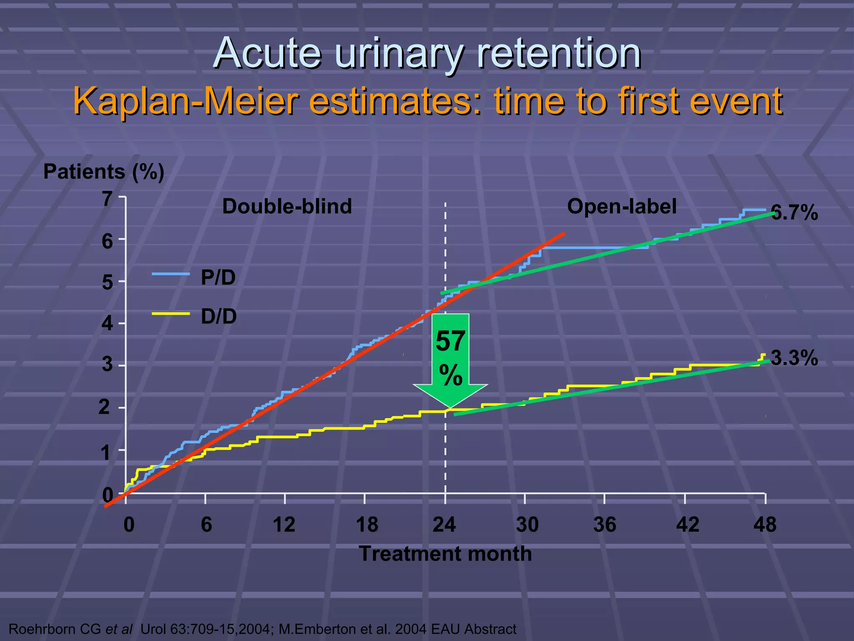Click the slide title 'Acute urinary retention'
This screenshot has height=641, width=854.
(427, 53)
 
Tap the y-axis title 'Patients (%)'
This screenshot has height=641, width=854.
(104, 172)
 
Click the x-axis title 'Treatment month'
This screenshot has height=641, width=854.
(445, 554)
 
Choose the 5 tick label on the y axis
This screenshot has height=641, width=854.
(108, 283)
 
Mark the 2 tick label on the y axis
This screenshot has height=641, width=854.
(104, 407)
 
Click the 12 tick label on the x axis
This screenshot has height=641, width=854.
(284, 525)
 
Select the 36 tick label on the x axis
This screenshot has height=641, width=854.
(605, 525)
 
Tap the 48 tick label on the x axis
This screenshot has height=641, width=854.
(765, 525)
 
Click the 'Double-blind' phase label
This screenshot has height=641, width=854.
(287, 207)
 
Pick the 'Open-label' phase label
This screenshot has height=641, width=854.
(622, 207)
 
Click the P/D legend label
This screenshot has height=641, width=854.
(218, 278)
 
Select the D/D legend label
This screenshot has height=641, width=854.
(219, 317)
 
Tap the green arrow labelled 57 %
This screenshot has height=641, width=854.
(450, 359)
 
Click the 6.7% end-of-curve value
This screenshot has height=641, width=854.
(794, 213)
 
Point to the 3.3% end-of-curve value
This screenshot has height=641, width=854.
(794, 358)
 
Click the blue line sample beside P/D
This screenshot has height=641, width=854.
(171, 274)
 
